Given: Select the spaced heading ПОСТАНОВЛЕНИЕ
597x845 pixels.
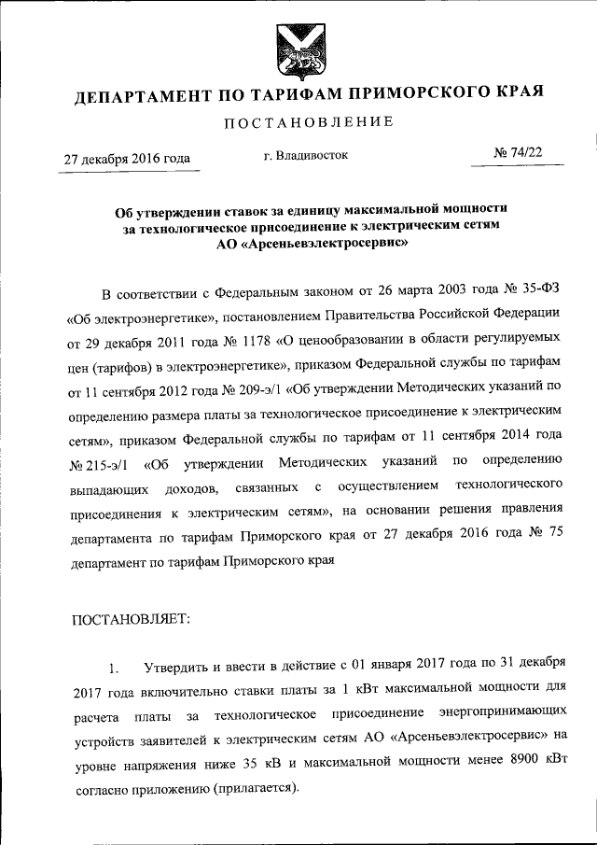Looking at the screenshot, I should (x=307, y=122).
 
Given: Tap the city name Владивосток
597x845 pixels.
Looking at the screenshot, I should (x=312, y=155).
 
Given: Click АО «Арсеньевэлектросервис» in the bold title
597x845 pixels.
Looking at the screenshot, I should (x=305, y=240).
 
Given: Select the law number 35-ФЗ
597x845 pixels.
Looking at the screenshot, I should (x=538, y=296).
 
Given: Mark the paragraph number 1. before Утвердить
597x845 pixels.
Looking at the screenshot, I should (x=115, y=669).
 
